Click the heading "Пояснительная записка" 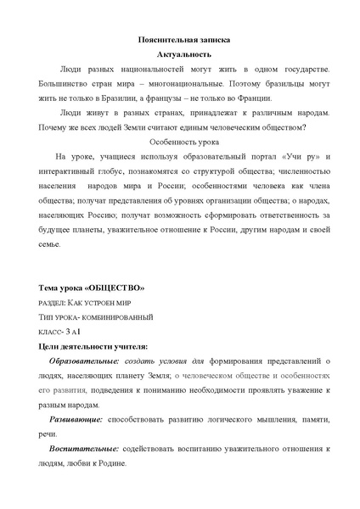pyautogui.click(x=183, y=40)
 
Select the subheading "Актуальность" pyautogui.click(x=183, y=53)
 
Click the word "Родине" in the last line pyautogui.click(x=111, y=464)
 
